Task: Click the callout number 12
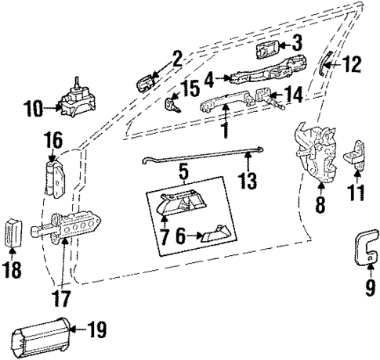[x=352, y=64]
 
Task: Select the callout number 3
[x=297, y=42]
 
